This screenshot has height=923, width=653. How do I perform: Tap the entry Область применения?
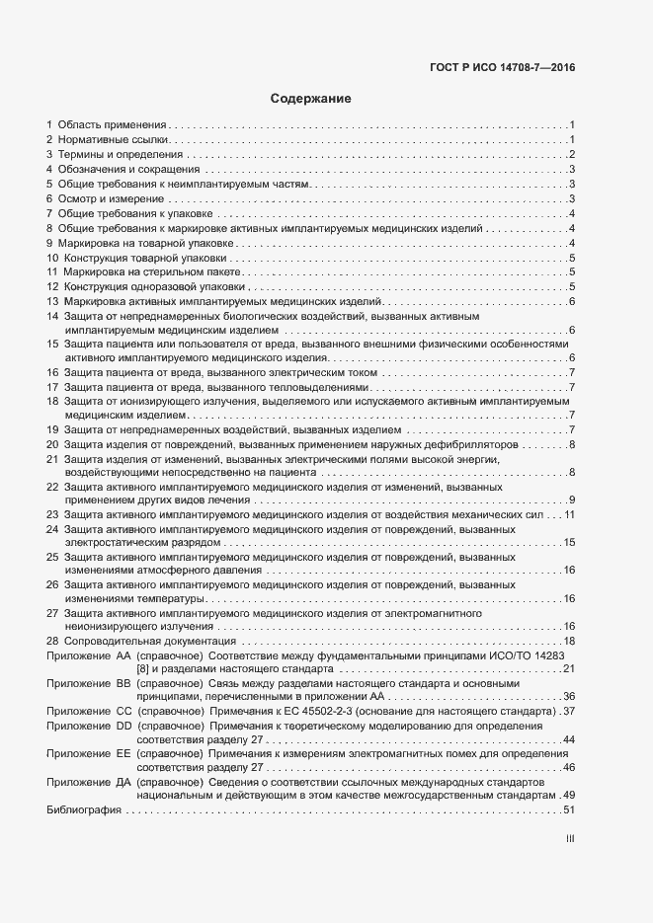111,125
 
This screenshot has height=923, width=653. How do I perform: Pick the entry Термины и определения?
120,155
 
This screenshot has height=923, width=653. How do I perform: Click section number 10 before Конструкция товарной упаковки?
52,258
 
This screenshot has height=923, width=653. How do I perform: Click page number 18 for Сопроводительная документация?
569,642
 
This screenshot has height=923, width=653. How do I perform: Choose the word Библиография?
83,810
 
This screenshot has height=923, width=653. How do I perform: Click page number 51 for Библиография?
569,810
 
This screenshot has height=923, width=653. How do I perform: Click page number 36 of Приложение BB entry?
569,697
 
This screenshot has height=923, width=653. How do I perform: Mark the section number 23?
52,515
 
